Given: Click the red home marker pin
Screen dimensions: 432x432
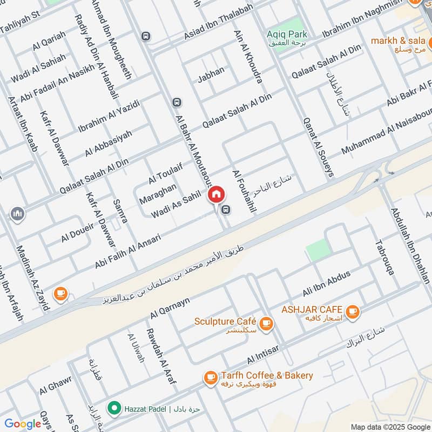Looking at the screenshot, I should click(217, 194).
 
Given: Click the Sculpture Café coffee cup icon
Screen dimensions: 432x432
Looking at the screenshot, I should click(266, 323).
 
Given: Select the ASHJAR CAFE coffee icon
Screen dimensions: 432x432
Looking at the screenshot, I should click(353, 311).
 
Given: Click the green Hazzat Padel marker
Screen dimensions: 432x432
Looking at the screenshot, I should click(113, 408).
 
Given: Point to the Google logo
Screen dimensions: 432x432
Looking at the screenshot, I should click(23, 424).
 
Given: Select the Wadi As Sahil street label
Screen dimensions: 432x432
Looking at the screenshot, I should click(176, 205).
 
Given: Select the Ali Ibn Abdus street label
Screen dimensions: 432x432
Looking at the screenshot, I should click(327, 283).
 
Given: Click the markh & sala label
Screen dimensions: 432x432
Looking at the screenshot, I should click(398, 40).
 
